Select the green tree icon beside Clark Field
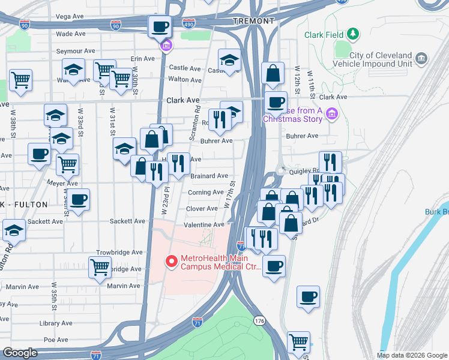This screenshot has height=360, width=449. point(354,34)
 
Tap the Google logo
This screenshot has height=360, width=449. point(20,353)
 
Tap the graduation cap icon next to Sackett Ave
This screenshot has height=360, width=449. point(13,230)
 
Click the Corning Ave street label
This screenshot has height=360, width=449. point(205,193)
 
